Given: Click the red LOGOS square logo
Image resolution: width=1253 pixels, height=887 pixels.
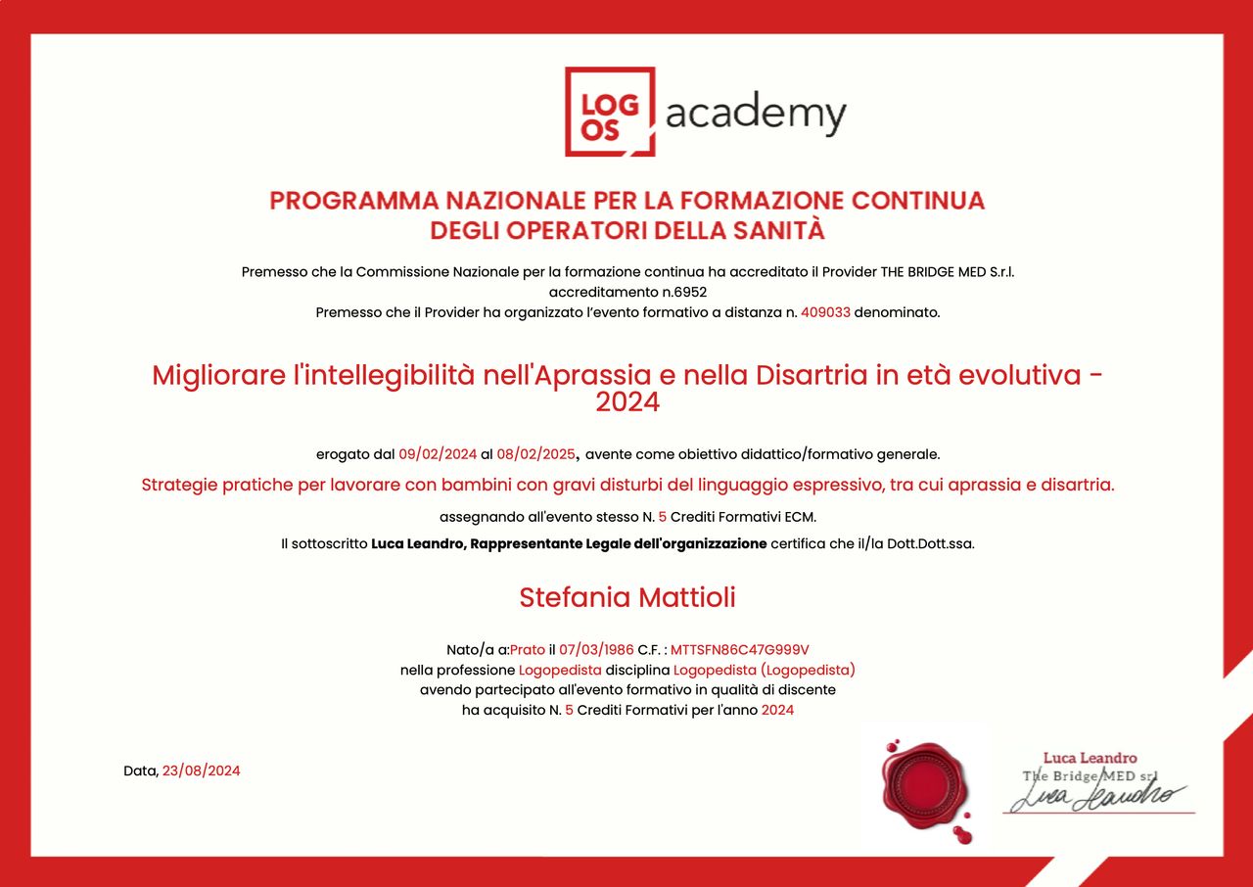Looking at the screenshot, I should click(x=609, y=112).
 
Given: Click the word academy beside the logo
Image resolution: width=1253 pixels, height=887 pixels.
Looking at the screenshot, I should click(x=756, y=116).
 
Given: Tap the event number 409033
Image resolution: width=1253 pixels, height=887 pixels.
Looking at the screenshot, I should click(x=825, y=312).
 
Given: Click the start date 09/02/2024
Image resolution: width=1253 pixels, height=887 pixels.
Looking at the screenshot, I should click(x=438, y=453).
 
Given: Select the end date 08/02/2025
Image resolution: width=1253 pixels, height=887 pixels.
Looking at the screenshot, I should click(x=536, y=453).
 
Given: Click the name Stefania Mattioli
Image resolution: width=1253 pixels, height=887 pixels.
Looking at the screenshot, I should click(x=626, y=597).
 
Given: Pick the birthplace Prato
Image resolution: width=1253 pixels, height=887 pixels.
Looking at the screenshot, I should click(x=528, y=649).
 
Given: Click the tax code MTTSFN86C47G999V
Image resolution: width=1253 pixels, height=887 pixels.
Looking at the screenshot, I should click(x=739, y=649).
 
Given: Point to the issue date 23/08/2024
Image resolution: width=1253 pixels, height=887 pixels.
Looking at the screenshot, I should click(x=201, y=770).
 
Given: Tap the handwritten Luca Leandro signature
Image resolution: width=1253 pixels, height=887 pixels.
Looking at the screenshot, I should click(x=1096, y=796).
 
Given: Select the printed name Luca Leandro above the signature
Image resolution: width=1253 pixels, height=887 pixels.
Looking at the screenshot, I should click(x=1090, y=758).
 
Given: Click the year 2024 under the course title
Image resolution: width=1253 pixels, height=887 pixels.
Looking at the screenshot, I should click(x=626, y=401).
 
